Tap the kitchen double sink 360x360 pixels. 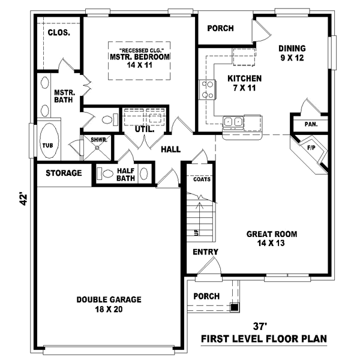coord(233,122)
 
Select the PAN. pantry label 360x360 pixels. coord(311,125)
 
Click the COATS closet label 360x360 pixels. coord(202,179)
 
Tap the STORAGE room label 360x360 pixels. coord(63,173)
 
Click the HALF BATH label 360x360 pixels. coord(125,174)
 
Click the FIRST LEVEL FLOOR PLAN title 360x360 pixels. coord(264,339)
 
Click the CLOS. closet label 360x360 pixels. coord(59,33)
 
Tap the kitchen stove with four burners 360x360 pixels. coord(208,90)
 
